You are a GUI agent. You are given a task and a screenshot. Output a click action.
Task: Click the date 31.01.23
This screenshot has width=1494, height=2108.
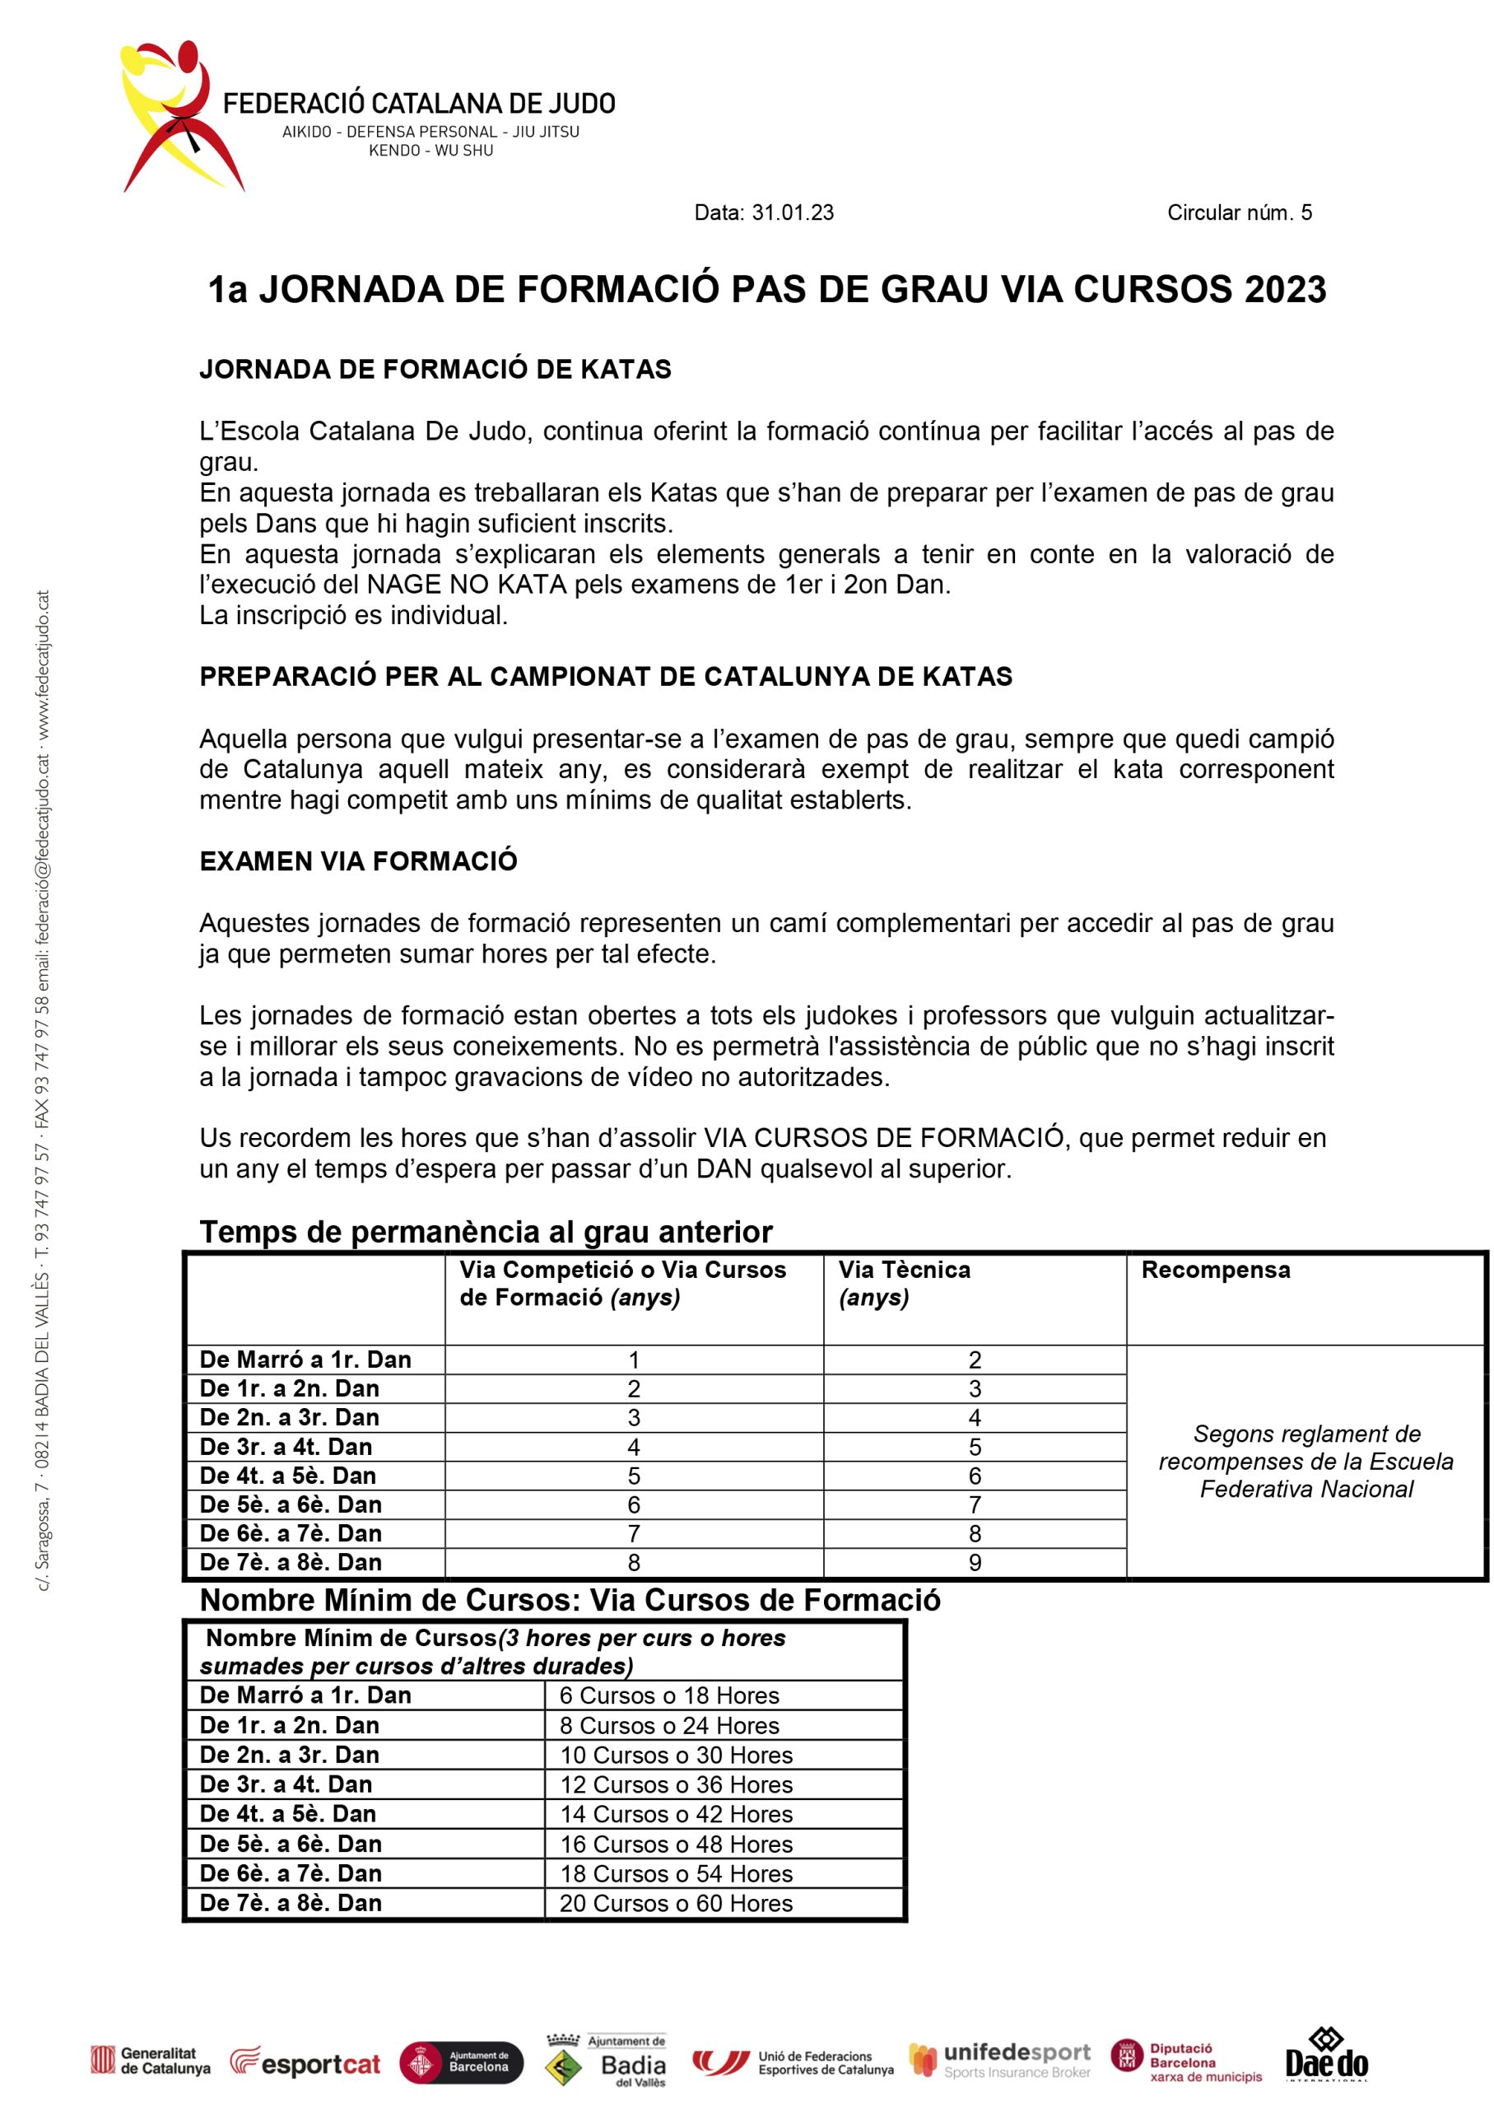[x=792, y=212]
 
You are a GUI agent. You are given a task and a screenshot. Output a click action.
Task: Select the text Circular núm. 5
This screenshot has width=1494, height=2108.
[x=1238, y=212]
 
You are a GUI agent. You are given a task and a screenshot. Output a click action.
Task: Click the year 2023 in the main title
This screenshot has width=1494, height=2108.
[x=1285, y=289]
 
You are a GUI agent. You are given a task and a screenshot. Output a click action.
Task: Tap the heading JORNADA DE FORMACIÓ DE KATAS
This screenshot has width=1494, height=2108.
[x=435, y=369]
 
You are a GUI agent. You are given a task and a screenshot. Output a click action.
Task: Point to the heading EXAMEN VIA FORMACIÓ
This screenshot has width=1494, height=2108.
[x=358, y=861]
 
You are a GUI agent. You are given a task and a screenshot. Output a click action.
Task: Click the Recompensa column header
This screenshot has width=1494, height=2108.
[x=1215, y=1270]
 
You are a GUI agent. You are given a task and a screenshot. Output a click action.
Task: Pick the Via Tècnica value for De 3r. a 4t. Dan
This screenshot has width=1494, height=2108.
[x=975, y=1448]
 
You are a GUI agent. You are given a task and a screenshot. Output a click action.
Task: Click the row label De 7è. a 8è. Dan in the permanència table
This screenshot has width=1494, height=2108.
[x=290, y=1562]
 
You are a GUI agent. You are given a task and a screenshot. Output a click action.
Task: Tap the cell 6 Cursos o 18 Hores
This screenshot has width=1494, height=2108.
[x=669, y=1695]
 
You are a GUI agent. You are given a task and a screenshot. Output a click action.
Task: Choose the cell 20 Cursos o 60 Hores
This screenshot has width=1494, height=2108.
[x=675, y=1904]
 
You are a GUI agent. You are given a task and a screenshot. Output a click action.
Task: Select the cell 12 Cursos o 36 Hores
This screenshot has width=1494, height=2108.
[x=675, y=1785]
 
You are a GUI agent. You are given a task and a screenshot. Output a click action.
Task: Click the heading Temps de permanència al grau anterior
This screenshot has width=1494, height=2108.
[x=486, y=1231]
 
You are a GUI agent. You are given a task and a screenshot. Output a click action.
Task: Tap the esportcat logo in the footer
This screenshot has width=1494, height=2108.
[x=305, y=2063]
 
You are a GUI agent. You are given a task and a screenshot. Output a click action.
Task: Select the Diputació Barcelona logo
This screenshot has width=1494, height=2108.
[x=1186, y=2061]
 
